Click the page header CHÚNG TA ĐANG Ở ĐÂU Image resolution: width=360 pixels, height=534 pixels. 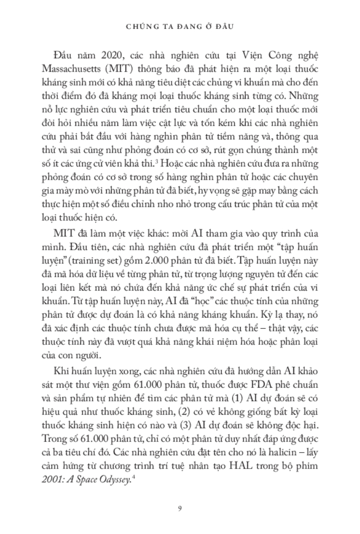(x=180, y=26)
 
